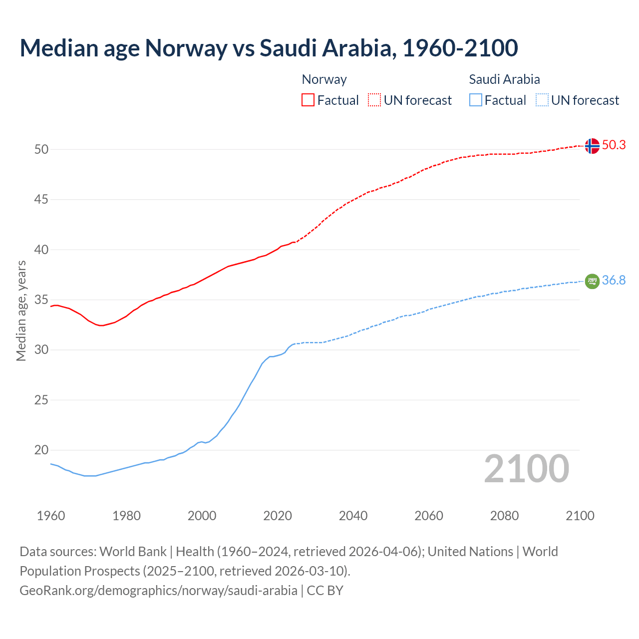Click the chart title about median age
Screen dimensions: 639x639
[269, 48]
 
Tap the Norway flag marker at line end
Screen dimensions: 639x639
[592, 146]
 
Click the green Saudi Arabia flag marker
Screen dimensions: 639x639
[592, 282]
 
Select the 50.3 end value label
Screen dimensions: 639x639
[614, 145]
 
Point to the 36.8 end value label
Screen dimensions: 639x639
[614, 281]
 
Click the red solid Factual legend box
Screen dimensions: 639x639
[308, 100]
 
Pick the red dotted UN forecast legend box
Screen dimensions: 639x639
[374, 100]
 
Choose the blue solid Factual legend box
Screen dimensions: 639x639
[476, 100]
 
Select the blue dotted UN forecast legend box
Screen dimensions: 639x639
[542, 100]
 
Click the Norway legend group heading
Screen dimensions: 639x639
[324, 79]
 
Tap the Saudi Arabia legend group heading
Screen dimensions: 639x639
[504, 79]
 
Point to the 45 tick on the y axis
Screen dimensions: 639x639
[41, 200]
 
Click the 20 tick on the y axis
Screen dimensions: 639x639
[41, 450]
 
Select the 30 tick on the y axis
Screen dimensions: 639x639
[41, 350]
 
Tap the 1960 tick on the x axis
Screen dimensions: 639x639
[51, 516]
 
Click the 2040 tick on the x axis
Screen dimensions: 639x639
[353, 516]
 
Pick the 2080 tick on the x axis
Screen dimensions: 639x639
[504, 516]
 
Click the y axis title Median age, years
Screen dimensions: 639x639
[21, 311]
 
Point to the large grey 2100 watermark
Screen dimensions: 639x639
[526, 468]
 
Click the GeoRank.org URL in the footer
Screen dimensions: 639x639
[158, 591]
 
